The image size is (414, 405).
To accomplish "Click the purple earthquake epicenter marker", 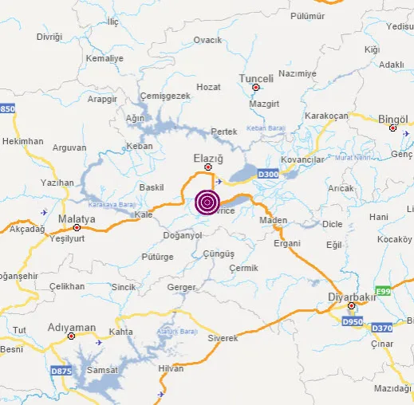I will [207, 202].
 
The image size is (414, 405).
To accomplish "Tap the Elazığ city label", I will [208, 158].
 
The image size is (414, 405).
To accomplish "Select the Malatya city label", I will [77, 218].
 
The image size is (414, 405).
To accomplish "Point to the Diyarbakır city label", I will [351, 296].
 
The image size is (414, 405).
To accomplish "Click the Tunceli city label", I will [256, 78].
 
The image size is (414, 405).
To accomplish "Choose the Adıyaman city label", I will [72, 327].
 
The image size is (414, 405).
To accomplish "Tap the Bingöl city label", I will [392, 119].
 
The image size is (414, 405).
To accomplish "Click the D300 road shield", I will [270, 175].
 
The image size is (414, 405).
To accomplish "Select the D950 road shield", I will [352, 321].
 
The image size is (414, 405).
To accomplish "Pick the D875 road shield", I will [61, 370].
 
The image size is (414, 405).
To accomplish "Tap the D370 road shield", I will [383, 328].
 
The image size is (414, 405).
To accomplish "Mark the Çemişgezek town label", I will [165, 96].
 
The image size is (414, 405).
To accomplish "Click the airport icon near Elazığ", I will [219, 181].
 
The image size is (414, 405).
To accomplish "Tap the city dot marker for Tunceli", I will [256, 88].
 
